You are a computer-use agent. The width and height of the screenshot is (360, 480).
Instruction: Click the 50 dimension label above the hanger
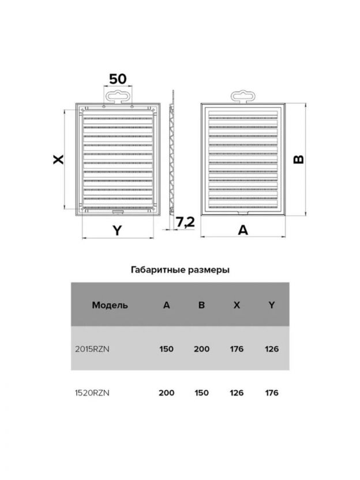pyautogui.click(x=118, y=79)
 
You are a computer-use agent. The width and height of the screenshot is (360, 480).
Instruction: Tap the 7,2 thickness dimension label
pyautogui.click(x=185, y=222)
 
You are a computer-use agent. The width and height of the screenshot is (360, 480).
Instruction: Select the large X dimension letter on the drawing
pyautogui.click(x=58, y=159)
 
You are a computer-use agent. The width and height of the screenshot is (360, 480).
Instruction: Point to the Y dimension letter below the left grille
pyautogui.click(x=117, y=230)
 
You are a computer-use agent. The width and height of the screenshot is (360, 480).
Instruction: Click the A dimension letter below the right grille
pyautogui.click(x=243, y=230)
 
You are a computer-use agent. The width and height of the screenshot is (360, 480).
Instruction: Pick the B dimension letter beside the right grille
pyautogui.click(x=298, y=159)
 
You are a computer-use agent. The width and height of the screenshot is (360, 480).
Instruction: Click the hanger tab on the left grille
pyautogui.click(x=118, y=97)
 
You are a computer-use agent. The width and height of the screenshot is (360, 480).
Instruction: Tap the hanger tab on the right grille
pyautogui.click(x=243, y=97)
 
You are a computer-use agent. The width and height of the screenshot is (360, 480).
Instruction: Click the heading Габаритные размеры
pyautogui.click(x=180, y=269)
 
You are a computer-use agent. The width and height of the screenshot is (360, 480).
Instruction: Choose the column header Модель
pyautogui.click(x=110, y=305)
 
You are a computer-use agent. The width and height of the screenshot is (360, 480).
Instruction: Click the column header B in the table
pyautogui.click(x=201, y=305)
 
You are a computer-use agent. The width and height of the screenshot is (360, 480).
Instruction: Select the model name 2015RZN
pyautogui.click(x=92, y=349)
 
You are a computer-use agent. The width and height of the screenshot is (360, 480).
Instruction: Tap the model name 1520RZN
pyautogui.click(x=92, y=393)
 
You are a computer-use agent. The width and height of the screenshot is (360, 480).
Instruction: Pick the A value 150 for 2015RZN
pyautogui.click(x=166, y=349)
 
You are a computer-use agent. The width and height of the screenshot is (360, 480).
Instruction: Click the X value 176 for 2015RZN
pyautogui.click(x=237, y=349)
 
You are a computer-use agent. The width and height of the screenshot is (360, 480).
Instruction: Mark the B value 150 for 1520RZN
pyautogui.click(x=201, y=393)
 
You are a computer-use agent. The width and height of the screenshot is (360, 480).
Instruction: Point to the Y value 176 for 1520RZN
pyautogui.click(x=272, y=393)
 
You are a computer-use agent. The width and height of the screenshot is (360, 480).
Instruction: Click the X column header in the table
pyautogui.click(x=237, y=305)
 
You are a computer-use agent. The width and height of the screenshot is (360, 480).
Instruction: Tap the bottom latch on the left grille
pyautogui.click(x=118, y=212)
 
